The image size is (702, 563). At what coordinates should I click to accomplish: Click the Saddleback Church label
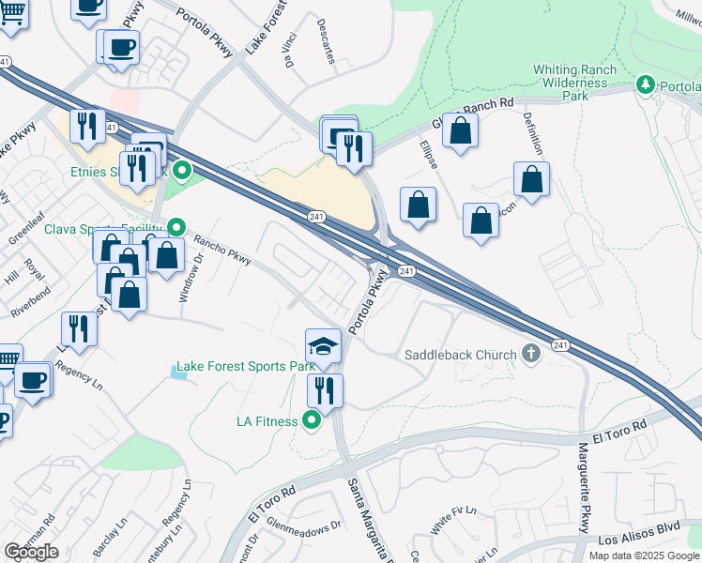pos(460,355)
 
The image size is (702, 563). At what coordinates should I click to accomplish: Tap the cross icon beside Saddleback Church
pos(531,354)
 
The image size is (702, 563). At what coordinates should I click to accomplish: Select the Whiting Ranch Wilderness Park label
pos(573,83)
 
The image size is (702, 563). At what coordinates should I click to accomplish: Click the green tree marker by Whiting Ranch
pos(645,85)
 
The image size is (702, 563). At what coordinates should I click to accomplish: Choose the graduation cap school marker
pos(323,346)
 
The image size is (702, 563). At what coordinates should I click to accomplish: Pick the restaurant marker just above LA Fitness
pos(325,389)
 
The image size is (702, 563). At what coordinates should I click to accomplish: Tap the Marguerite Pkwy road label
pos(585,495)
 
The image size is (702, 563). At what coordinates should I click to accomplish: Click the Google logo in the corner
pos(31,552)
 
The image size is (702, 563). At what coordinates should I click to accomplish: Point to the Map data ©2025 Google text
pos(644,555)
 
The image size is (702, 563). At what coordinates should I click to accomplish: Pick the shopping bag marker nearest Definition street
pos(531,180)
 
